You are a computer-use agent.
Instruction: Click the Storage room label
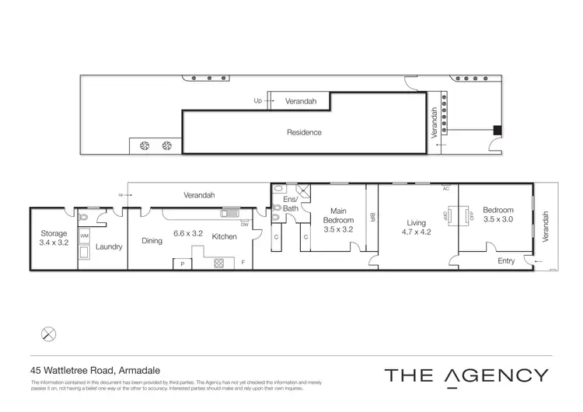54,238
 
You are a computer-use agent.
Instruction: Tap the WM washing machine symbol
85,235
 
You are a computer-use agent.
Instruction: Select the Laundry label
109,247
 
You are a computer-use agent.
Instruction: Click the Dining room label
152,241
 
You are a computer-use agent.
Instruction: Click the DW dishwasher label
243,224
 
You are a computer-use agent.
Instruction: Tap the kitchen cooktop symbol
219,264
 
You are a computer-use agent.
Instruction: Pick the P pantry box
182,265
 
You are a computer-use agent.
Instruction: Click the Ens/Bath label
290,204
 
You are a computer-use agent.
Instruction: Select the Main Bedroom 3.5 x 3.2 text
338,218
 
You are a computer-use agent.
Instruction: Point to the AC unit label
446,189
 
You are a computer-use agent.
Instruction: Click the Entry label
506,261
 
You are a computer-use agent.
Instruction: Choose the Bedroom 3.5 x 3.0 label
497,215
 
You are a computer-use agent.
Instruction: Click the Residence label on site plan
304,132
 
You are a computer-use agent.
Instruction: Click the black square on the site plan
498,130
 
